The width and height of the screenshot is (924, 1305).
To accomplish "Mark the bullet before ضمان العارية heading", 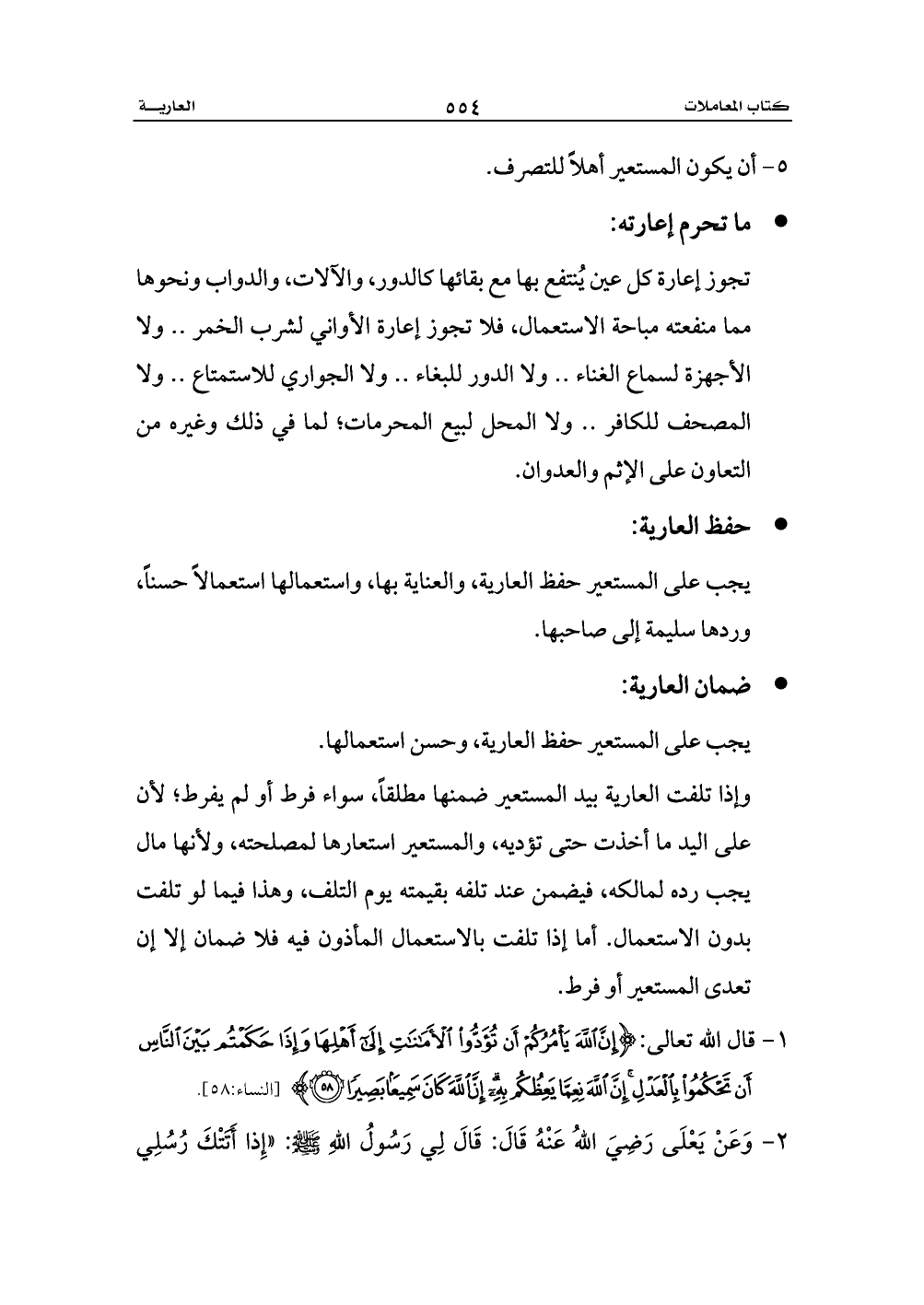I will pyautogui.click(x=783, y=685).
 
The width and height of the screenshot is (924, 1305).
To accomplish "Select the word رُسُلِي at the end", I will pyautogui.click(x=174, y=1138).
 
